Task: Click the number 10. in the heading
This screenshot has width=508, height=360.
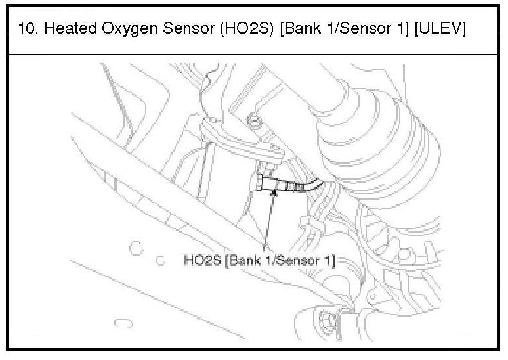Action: click(x=26, y=28)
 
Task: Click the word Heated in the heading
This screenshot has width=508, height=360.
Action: click(x=70, y=28)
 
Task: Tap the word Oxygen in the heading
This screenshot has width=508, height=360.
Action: click(x=129, y=29)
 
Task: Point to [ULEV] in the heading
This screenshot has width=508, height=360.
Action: click(x=440, y=28)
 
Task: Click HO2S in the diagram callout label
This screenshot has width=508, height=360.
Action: click(x=203, y=260)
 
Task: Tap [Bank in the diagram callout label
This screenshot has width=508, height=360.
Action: click(x=243, y=260)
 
